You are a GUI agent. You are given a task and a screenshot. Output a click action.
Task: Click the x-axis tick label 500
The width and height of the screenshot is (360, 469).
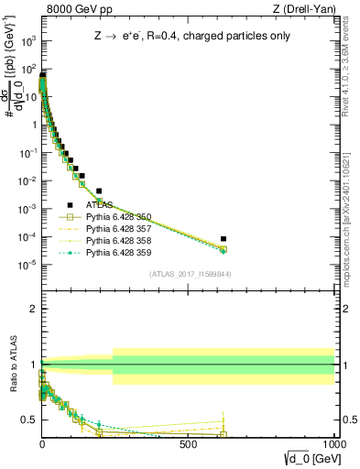click(189, 442)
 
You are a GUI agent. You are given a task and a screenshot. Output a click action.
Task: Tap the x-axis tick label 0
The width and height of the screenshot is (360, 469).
click(42, 442)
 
